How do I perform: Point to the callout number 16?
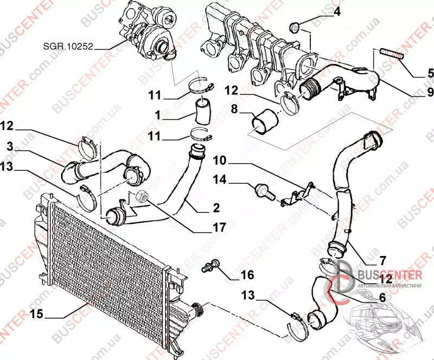(247, 275)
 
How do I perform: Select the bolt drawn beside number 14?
(262, 190)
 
